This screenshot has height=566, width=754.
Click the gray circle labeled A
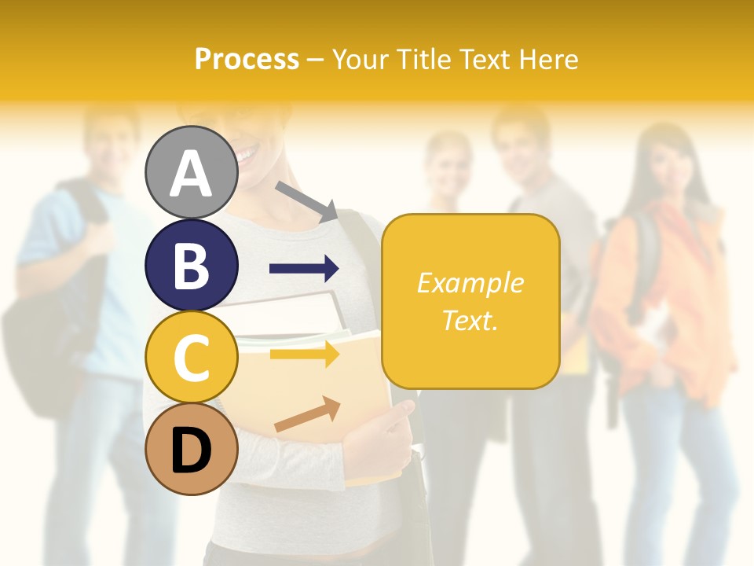click(x=191, y=172)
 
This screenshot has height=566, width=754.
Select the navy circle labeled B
click(x=191, y=265)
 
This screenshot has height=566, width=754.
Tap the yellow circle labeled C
click(x=191, y=357)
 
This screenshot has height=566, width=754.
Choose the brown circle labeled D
click(x=191, y=449)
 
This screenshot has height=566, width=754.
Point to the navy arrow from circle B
click(x=304, y=269)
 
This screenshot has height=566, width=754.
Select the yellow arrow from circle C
click(x=304, y=355)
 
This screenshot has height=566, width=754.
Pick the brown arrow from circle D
click(x=307, y=413)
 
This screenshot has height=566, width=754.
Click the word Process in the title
click(x=247, y=59)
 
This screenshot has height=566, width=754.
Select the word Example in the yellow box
click(x=470, y=283)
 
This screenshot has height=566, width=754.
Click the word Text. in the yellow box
click(x=470, y=320)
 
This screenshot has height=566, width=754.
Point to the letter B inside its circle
click(x=191, y=266)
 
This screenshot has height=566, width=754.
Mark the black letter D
click(x=191, y=450)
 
